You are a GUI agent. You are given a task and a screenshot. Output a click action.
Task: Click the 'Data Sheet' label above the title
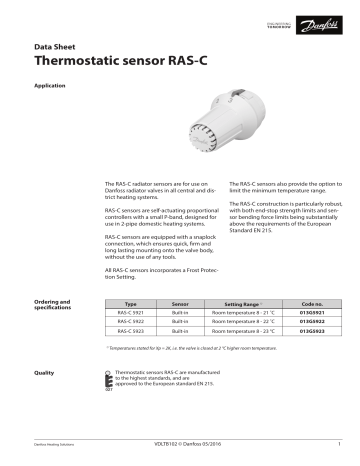click(x=55, y=46)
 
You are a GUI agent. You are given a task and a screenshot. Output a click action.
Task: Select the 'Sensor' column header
click(x=181, y=303)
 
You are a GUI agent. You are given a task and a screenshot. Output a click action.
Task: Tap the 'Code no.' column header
click(x=312, y=303)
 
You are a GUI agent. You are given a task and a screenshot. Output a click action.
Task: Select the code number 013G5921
click(x=312, y=313)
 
